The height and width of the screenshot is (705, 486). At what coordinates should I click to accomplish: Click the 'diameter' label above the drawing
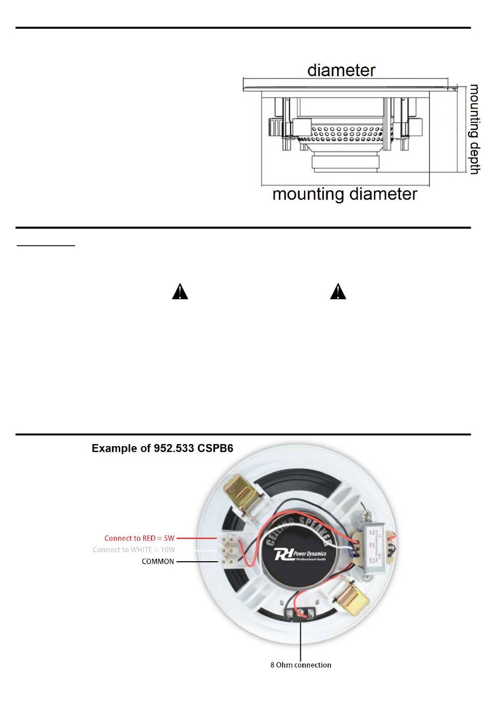(x=341, y=70)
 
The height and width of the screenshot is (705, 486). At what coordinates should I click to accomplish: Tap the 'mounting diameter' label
(x=344, y=194)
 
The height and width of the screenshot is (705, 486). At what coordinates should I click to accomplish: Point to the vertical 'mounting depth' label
(x=475, y=129)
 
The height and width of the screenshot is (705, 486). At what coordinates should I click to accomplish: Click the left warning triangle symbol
(x=180, y=292)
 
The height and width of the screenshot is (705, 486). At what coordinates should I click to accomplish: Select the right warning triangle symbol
(x=338, y=292)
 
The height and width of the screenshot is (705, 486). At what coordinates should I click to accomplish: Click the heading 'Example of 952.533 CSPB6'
(x=162, y=448)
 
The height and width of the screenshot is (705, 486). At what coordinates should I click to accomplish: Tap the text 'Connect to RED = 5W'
(x=139, y=538)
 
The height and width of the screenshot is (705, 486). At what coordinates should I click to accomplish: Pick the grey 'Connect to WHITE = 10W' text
(x=134, y=550)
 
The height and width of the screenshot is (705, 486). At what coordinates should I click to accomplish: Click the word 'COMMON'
(x=158, y=561)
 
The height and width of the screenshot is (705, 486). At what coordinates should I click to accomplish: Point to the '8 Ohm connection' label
(x=301, y=665)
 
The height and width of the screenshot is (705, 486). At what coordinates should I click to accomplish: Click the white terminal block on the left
(x=228, y=550)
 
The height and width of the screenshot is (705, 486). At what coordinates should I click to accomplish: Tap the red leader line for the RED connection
(x=197, y=538)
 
